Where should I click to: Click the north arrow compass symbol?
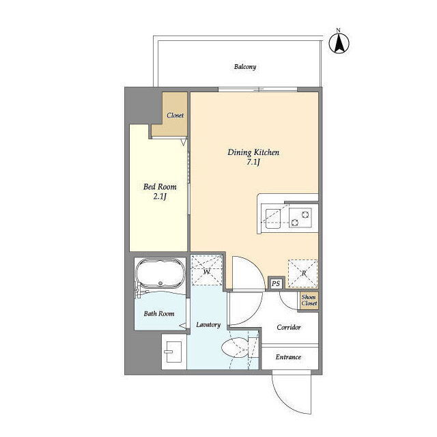339,43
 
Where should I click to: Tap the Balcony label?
245,67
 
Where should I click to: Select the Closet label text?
175,115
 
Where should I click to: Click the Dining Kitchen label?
253,152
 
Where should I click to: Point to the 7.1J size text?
253,163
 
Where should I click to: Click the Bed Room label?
160,186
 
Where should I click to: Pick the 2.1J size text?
160,197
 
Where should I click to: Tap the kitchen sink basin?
273,218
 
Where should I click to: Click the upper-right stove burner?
305,214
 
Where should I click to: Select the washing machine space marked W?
206,270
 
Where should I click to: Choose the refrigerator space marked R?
303,273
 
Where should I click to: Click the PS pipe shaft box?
276,283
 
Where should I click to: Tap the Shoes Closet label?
309,300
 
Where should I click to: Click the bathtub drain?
160,283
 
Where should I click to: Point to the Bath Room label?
159,314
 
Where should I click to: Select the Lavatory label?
208,325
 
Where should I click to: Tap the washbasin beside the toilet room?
173,352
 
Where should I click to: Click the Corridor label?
289,327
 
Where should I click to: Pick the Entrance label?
288,357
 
